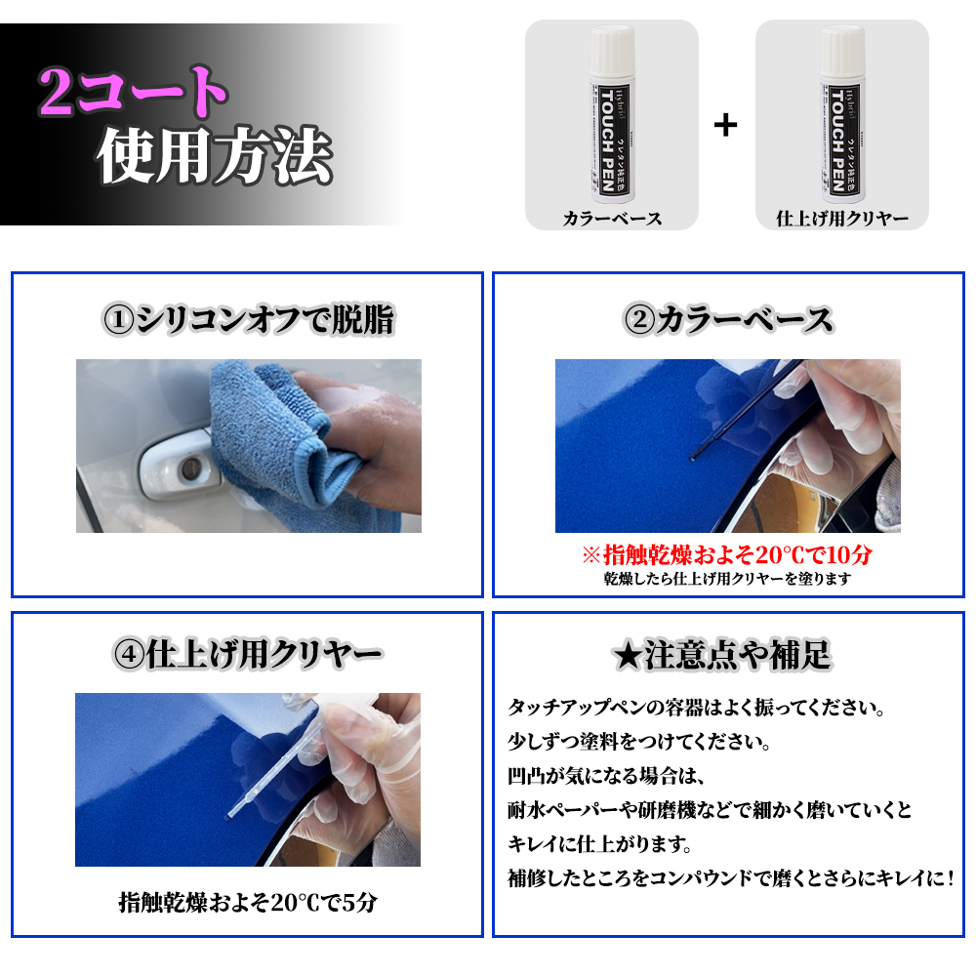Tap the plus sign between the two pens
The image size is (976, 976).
click(x=725, y=125)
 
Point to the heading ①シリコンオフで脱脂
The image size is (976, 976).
click(x=248, y=320)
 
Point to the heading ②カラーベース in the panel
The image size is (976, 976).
click(x=728, y=320)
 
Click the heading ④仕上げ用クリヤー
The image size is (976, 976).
click(x=248, y=654)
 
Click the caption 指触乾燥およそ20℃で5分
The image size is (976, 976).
click(x=247, y=902)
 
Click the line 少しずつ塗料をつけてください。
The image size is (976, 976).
click(x=639, y=743)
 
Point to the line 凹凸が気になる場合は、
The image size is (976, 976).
click(x=606, y=777)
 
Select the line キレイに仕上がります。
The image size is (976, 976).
click(x=614, y=844)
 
